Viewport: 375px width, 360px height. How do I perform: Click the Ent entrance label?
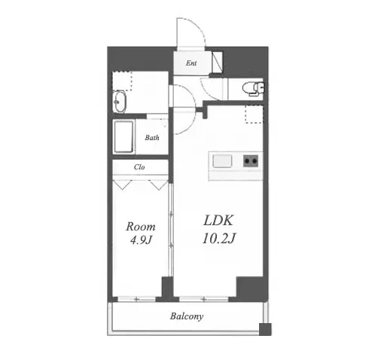click(x=191, y=63)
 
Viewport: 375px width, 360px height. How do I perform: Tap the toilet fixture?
click(x=253, y=89)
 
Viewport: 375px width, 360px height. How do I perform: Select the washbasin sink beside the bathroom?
click(x=119, y=102)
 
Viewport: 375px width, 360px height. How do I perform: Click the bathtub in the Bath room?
click(x=123, y=137)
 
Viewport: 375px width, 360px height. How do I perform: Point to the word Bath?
click(x=152, y=138)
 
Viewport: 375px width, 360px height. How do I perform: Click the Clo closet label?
click(x=139, y=167)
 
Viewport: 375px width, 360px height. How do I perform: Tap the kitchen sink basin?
click(x=222, y=161)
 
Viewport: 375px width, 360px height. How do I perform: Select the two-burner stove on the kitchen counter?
click(x=251, y=160)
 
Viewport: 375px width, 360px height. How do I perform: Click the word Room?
click(x=141, y=227)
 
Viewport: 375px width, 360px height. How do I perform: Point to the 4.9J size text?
click(x=141, y=240)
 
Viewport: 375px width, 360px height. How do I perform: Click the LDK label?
click(x=218, y=221)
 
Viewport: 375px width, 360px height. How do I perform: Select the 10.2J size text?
click(x=218, y=238)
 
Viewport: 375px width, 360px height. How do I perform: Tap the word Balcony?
click(x=187, y=316)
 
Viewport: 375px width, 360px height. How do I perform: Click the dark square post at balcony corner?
click(x=265, y=329)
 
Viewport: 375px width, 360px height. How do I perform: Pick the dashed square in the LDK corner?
click(x=254, y=114)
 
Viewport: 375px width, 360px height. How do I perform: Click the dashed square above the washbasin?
click(x=122, y=81)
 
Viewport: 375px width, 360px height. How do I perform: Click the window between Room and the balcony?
click(x=137, y=299)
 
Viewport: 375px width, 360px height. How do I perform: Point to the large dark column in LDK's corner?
click(x=250, y=288)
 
